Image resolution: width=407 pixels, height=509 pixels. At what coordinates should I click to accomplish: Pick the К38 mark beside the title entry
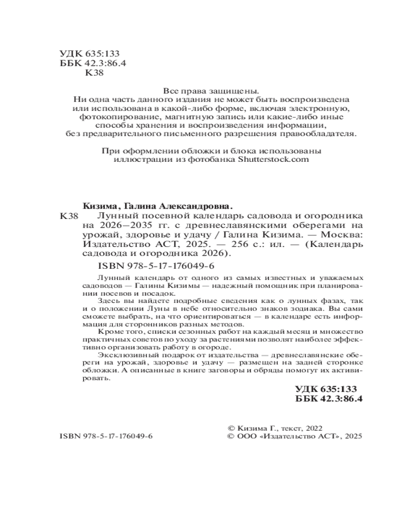click(x=69, y=216)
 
